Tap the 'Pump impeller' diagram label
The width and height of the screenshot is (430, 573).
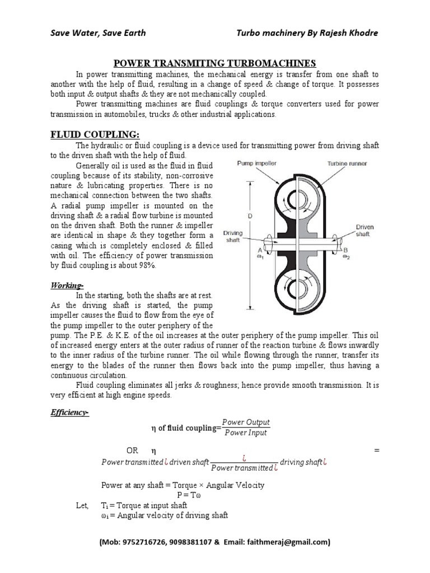pyautogui.click(x=255, y=163)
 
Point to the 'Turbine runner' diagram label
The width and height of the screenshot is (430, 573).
pyautogui.click(x=348, y=163)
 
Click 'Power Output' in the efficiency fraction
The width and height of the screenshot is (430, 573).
pyautogui.click(x=246, y=422)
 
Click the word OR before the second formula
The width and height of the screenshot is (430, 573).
pyautogui.click(x=132, y=450)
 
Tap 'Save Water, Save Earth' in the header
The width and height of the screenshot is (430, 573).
pyautogui.click(x=98, y=32)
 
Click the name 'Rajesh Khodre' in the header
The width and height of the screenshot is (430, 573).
pyautogui.click(x=351, y=32)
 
